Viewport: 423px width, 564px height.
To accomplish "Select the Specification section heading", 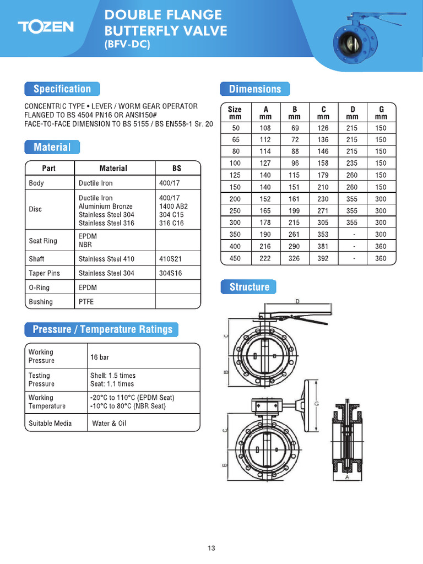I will [x=62, y=89].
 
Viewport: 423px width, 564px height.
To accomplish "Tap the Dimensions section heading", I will [x=254, y=89].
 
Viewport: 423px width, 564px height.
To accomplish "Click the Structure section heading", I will [x=249, y=287].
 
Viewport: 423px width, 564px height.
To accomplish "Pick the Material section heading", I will [x=52, y=147].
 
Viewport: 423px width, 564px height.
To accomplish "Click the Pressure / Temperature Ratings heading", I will [x=102, y=329].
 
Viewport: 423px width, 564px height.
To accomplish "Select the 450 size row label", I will [x=235, y=258].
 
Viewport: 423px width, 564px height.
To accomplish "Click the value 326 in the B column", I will [x=294, y=258].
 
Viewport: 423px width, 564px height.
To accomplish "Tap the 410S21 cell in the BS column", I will [x=170, y=259].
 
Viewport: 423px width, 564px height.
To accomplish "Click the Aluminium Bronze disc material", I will [x=106, y=206].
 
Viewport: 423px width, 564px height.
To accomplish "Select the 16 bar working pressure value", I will [x=100, y=357].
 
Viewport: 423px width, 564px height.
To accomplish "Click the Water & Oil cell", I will [x=109, y=424].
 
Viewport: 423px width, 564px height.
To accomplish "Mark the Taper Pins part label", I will [x=44, y=273].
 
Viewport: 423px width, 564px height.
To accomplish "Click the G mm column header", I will [x=381, y=113].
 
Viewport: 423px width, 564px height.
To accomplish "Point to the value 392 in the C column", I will [x=323, y=258].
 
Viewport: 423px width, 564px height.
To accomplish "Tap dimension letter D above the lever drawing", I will [x=297, y=301].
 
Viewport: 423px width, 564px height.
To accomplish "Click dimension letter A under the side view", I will [x=346, y=478].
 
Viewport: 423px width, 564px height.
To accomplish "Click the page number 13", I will [x=211, y=548].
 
